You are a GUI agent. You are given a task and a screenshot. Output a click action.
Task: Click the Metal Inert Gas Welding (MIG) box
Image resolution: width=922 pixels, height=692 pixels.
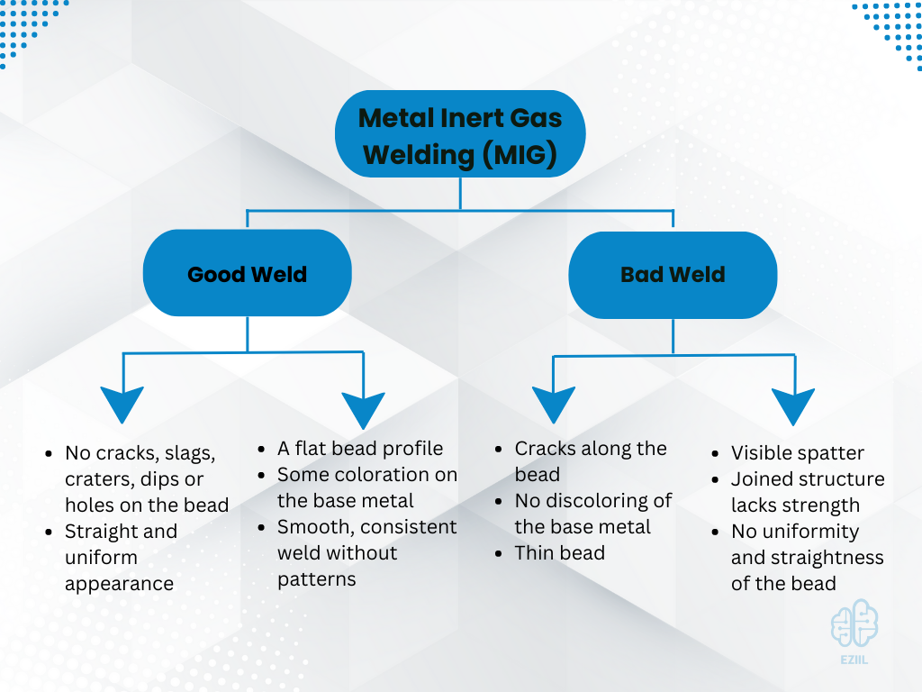pos(460,135)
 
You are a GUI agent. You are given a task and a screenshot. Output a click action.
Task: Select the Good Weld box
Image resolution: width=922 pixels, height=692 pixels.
pos(247,274)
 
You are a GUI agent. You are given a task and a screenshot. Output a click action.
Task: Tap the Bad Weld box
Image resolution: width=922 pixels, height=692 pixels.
pos(673,274)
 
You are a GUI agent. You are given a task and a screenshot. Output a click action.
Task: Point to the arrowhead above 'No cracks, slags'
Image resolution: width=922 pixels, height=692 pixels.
pos(122,404)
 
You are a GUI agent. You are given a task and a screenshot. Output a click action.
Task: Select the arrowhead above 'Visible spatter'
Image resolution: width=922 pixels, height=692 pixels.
pos(793,405)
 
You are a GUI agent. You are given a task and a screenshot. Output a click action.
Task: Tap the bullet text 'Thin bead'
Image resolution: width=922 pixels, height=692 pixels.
pos(559,552)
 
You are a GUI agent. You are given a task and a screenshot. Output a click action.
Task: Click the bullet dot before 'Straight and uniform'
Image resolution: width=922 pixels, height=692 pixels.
pos(48,532)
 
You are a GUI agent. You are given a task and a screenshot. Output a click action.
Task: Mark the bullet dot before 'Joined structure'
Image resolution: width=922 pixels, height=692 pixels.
pos(714,479)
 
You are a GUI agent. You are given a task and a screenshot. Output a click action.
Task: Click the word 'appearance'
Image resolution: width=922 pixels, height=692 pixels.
pos(119,583)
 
